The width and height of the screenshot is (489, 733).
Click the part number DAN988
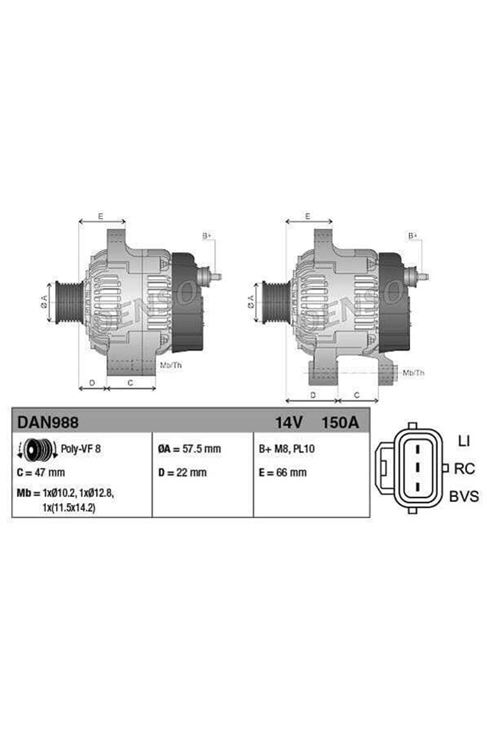point(48,422)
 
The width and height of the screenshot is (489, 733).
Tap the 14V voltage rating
point(289,422)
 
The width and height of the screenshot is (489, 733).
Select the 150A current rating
point(340,422)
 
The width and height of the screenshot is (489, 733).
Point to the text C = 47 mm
point(41,473)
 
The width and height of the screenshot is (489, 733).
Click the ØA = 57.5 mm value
point(189,449)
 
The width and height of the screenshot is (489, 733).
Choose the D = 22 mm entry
point(182,473)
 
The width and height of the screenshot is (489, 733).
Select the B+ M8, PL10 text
point(287,449)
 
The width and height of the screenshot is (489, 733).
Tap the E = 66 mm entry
point(283,473)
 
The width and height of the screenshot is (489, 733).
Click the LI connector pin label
point(464,441)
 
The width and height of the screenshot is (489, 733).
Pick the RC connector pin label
point(464,469)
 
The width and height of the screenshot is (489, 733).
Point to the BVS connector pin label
point(464,497)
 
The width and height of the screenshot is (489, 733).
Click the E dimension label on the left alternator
point(101,216)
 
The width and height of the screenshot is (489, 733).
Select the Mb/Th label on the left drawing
point(171,365)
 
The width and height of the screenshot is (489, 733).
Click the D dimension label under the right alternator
point(313,395)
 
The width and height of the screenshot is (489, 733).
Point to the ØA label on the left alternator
point(44,302)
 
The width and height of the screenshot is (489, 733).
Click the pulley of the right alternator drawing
point(274,302)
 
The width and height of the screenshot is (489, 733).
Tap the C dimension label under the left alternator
point(130,383)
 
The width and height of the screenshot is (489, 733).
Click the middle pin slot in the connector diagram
point(418,468)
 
